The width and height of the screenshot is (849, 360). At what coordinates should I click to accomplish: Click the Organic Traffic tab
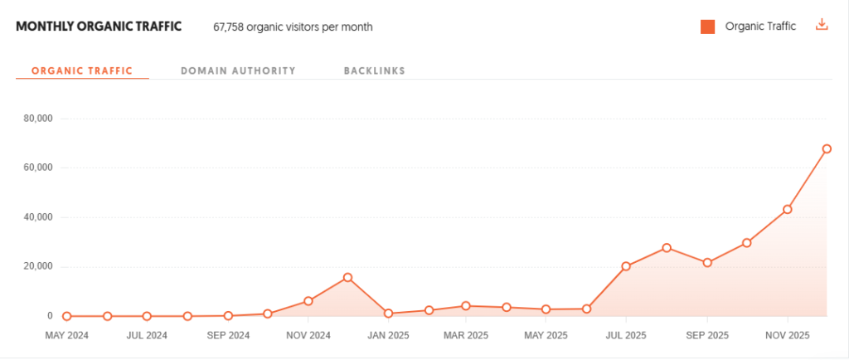point(81,71)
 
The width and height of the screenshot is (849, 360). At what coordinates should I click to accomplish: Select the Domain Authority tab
point(238,71)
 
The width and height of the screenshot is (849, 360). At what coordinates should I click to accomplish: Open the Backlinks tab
point(374,71)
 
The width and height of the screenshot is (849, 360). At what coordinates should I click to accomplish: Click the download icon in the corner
point(822,26)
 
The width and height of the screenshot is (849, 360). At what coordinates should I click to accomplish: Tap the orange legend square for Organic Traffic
point(707,27)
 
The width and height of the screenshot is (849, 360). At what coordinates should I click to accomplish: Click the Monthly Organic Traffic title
point(99,26)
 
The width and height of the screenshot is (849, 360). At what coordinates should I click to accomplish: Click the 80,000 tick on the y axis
point(38,119)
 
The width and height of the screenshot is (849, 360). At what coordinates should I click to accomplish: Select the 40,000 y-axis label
point(38,217)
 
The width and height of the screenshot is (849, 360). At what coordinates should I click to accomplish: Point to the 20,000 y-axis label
point(38,266)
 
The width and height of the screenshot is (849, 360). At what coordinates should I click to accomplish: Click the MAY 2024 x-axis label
point(66,336)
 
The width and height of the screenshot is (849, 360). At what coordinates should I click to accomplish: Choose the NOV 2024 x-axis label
point(308,336)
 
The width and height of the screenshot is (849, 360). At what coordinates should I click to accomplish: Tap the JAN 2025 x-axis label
point(388,336)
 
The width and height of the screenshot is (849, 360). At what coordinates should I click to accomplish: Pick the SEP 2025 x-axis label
point(707,336)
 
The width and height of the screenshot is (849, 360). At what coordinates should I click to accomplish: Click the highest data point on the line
point(827,149)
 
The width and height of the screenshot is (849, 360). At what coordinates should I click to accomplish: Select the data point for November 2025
point(787,209)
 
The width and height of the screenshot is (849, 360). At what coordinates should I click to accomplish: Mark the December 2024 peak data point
point(347,277)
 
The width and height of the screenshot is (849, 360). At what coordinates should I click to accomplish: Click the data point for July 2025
point(626,266)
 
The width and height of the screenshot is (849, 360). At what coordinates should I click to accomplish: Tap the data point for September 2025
point(707,263)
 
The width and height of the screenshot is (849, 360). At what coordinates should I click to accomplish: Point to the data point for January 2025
point(388,314)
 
